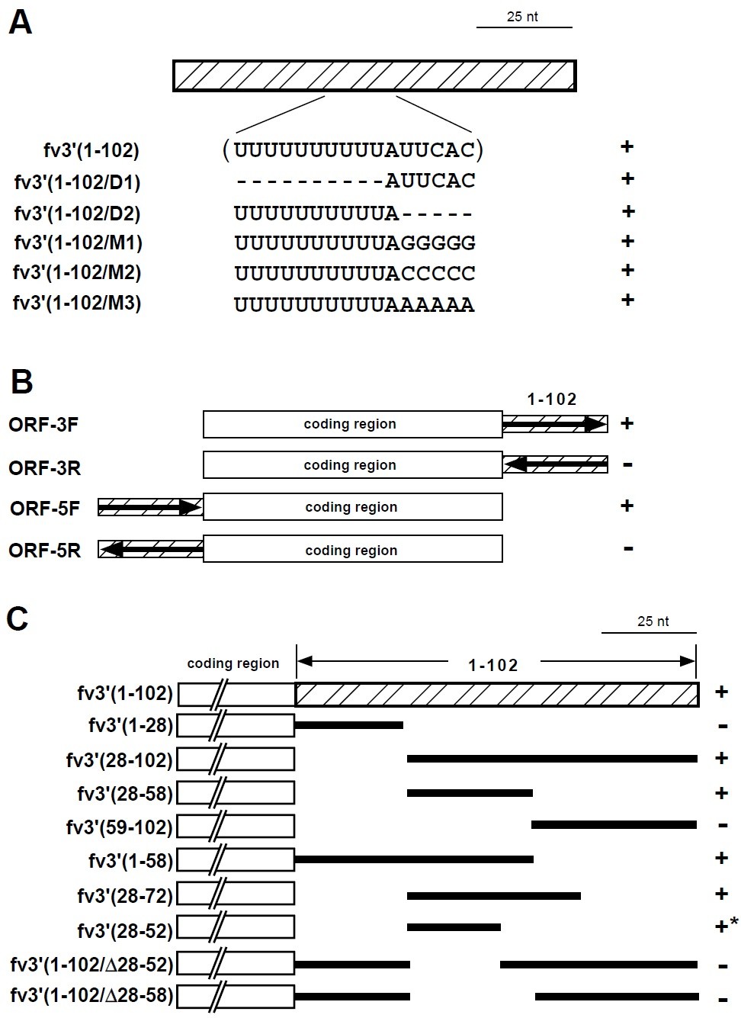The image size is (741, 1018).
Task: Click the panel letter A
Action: click(x=21, y=23)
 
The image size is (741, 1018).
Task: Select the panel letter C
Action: click(x=18, y=618)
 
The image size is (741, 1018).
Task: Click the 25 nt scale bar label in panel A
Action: click(x=522, y=17)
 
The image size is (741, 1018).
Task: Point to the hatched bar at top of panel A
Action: click(x=374, y=75)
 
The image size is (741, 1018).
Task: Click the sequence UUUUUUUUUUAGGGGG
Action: click(x=354, y=243)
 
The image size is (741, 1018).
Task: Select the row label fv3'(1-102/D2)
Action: click(x=78, y=213)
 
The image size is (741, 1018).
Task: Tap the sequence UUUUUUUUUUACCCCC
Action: click(x=354, y=273)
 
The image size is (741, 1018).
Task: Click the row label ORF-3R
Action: click(x=44, y=467)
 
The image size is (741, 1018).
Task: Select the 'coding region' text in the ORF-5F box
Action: click(x=351, y=507)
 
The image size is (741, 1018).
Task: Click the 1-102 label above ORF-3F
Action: click(x=552, y=399)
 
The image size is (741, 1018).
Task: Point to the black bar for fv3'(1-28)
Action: click(x=349, y=724)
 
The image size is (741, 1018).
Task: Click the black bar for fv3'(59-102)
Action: click(x=614, y=825)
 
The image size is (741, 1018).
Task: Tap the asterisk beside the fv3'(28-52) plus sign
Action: click(x=734, y=923)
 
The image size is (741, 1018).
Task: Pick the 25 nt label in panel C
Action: click(x=653, y=621)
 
